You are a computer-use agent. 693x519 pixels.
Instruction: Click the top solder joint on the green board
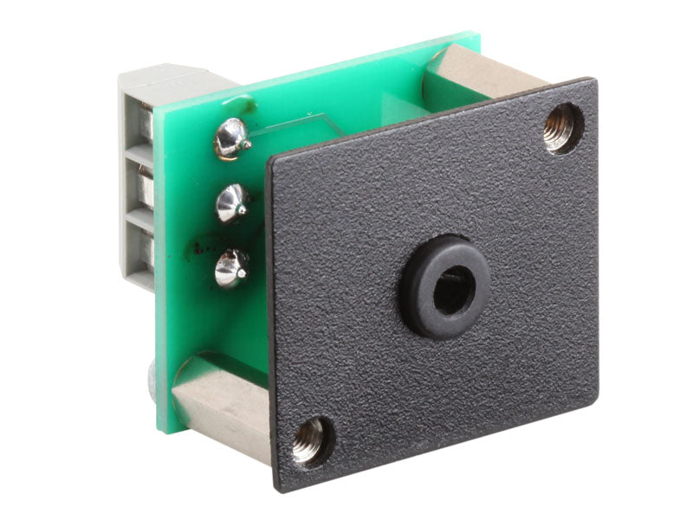(x=231, y=138)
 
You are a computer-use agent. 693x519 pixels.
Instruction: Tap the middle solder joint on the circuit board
(x=231, y=203)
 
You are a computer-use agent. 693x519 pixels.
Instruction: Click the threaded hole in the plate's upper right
(x=563, y=127)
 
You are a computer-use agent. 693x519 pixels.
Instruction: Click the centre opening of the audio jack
(x=451, y=292)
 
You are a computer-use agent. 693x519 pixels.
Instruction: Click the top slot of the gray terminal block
(x=142, y=125)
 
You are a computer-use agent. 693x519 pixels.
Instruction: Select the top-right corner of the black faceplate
(x=595, y=80)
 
